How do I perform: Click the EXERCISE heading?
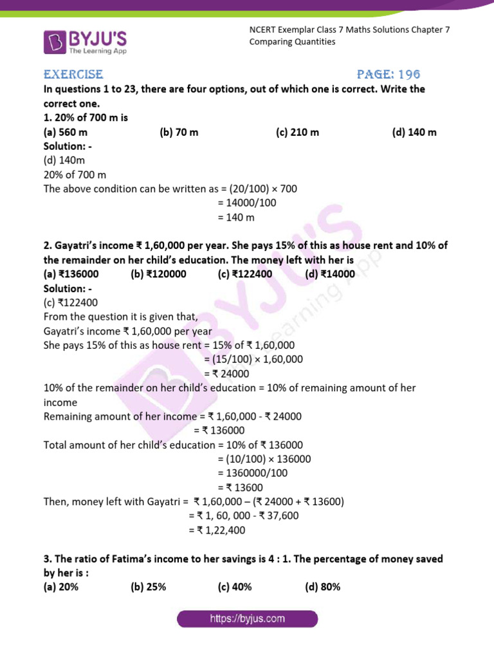[73, 75]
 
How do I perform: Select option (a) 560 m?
[66, 133]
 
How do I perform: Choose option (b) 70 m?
[179, 133]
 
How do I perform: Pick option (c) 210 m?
[298, 133]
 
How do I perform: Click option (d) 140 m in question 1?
[414, 133]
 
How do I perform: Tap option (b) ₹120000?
[158, 274]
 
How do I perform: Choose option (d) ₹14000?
[330, 274]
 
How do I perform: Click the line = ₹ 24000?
[226, 374]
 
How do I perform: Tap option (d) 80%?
[323, 587]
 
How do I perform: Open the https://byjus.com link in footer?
[248, 619]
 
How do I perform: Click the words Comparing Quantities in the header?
[292, 42]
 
